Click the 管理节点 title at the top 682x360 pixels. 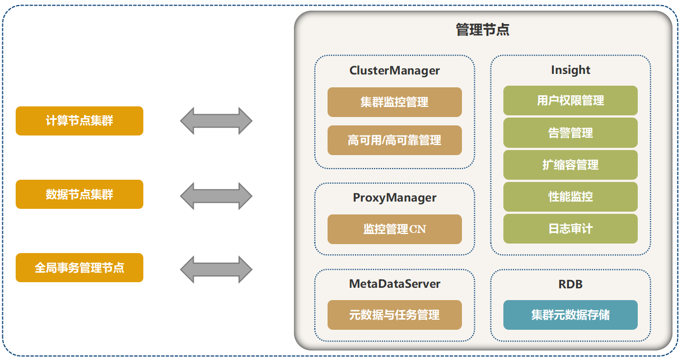click(x=482, y=30)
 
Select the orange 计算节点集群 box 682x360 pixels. click(x=80, y=121)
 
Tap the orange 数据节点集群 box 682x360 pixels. click(x=80, y=194)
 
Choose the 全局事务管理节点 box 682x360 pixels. click(x=80, y=268)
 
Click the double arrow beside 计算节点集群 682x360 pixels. click(x=216, y=121)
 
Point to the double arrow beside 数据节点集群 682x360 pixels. click(x=216, y=196)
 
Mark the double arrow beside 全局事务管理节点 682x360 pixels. click(x=216, y=269)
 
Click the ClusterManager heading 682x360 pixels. click(x=394, y=71)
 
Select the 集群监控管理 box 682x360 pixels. click(x=394, y=102)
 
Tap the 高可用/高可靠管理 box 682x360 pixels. click(x=394, y=140)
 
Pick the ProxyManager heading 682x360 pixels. click(x=394, y=198)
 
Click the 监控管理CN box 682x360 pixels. click(x=394, y=229)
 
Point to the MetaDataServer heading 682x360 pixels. click(x=394, y=284)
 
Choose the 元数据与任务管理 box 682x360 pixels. click(x=394, y=315)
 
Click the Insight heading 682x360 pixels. click(x=570, y=70)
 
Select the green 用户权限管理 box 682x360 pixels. click(x=570, y=101)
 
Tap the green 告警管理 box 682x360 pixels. click(x=570, y=133)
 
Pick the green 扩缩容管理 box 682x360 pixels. click(x=570, y=165)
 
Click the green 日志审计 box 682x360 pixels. click(x=570, y=228)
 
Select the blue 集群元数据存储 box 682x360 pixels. click(x=570, y=315)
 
